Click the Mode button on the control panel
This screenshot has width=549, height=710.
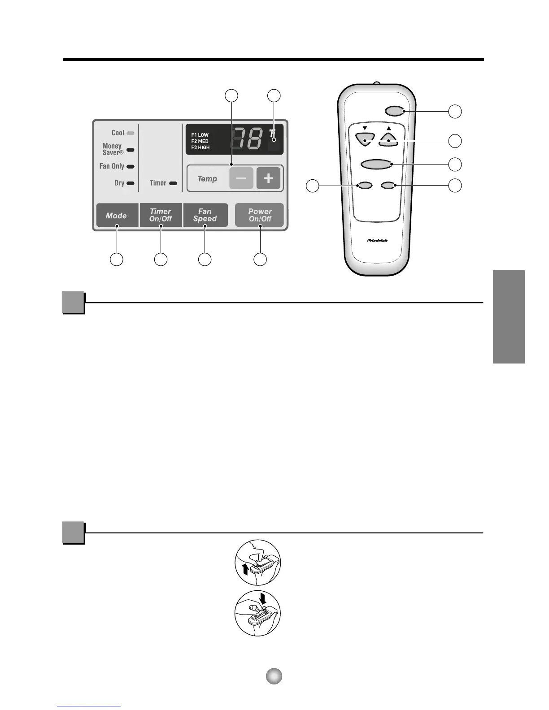(x=117, y=216)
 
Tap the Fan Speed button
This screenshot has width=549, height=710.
(x=205, y=215)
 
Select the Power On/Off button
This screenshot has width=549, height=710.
(x=260, y=215)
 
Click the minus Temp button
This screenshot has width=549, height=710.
(x=241, y=178)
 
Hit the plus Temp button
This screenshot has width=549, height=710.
(x=268, y=178)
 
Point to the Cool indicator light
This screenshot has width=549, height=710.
(x=131, y=133)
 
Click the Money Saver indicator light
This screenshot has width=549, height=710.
(x=131, y=150)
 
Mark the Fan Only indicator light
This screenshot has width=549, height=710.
(x=131, y=166)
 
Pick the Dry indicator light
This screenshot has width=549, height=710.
(x=131, y=183)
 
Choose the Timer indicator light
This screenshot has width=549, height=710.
(x=173, y=183)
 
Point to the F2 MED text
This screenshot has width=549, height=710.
(x=200, y=141)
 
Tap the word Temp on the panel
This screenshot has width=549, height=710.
(x=207, y=179)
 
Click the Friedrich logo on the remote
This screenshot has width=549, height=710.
(x=377, y=241)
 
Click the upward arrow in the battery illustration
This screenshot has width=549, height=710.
(x=244, y=570)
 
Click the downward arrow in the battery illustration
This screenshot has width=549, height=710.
(x=262, y=599)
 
